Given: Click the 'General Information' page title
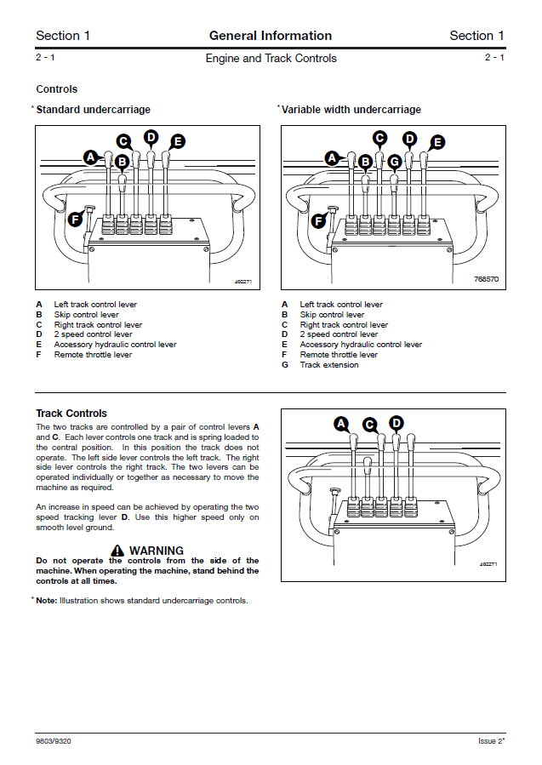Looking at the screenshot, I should pyautogui.click(x=271, y=36).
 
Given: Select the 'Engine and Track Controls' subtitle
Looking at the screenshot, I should pyautogui.click(x=271, y=59).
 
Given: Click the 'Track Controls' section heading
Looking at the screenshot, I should pyautogui.click(x=71, y=414).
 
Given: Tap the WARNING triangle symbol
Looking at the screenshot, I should pyautogui.click(x=117, y=551).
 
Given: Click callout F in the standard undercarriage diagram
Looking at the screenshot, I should pyautogui.click(x=74, y=220).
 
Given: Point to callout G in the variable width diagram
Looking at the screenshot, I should pyautogui.click(x=394, y=161).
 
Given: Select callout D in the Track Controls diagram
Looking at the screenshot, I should pyautogui.click(x=397, y=423).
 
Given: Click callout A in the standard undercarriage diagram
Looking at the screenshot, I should pyautogui.click(x=91, y=157).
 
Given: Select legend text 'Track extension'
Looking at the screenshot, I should pyautogui.click(x=329, y=365).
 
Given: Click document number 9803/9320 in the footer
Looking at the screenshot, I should pyautogui.click(x=53, y=741).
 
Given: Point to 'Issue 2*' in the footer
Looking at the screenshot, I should pyautogui.click(x=491, y=741).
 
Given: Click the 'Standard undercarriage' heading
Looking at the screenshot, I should pyautogui.click(x=93, y=110).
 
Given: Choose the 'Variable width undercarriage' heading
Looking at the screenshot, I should pyautogui.click(x=351, y=110).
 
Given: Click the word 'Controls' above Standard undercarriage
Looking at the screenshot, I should pyautogui.click(x=56, y=89).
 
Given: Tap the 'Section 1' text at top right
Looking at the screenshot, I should pyautogui.click(x=476, y=36).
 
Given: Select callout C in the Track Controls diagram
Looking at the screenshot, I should pyautogui.click(x=369, y=424).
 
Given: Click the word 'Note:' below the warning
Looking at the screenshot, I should pyautogui.click(x=47, y=601).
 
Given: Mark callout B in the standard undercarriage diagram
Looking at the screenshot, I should pyautogui.click(x=122, y=161).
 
